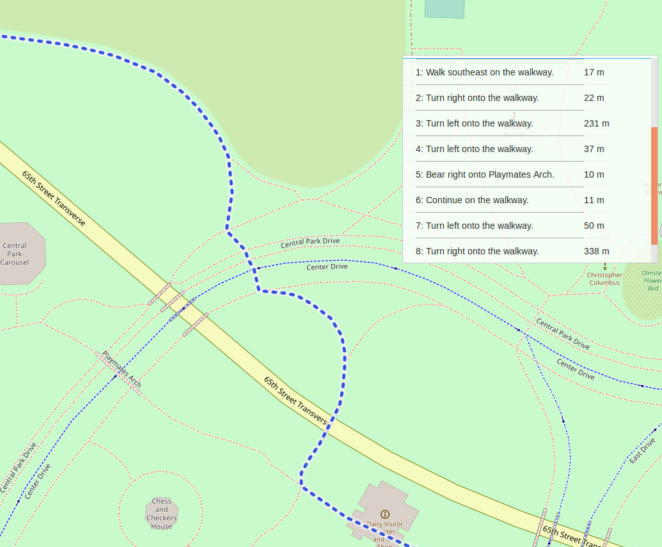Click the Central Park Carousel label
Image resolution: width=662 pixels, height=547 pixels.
tap(15, 254)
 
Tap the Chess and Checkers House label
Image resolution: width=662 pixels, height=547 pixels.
tap(161, 514)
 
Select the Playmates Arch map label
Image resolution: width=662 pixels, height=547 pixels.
tap(122, 370)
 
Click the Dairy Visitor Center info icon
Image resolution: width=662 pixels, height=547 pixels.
tap(384, 514)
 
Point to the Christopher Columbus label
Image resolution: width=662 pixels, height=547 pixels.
tap(604, 279)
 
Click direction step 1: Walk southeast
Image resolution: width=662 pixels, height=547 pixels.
tap(484, 72)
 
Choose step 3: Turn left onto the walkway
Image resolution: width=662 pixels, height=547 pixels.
tap(479, 123)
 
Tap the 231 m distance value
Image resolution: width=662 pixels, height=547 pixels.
tap(596, 123)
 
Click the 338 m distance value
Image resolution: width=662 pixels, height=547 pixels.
tap(596, 251)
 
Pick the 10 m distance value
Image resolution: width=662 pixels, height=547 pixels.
tap(594, 174)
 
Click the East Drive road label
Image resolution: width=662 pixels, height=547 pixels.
tap(642, 451)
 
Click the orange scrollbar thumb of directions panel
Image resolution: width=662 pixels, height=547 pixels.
tap(654, 185)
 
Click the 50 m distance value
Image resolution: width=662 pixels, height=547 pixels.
tap(594, 226)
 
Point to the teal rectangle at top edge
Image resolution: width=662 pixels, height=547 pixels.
tap(445, 8)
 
